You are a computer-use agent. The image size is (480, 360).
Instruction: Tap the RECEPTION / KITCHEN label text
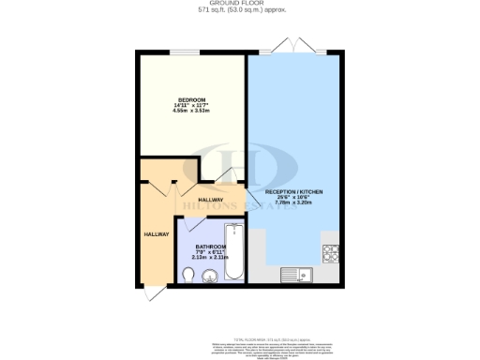point(294,191)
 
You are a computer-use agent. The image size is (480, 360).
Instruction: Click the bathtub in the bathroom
point(234,251)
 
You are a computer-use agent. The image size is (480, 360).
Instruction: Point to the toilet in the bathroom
point(190,274)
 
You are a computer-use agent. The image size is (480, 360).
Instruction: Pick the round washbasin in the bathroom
point(208,274)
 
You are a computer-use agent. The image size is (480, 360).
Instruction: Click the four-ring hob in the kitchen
point(331,250)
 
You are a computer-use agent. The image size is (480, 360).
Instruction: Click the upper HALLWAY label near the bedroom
point(210,200)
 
